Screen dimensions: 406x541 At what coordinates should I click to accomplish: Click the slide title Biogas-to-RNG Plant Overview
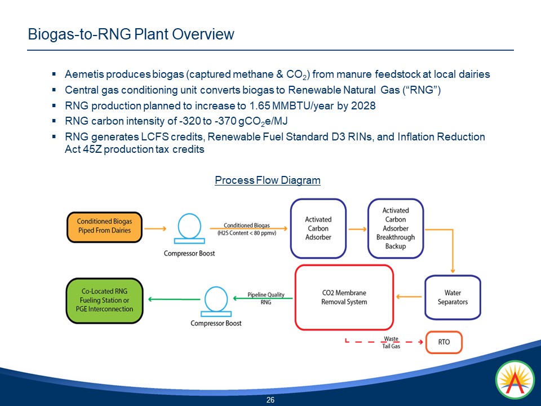[x=131, y=34]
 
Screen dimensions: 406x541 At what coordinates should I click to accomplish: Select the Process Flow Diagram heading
[x=267, y=180]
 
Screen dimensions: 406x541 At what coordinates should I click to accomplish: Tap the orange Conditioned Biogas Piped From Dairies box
[x=104, y=226]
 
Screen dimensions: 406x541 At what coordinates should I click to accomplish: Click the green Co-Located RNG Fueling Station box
[x=104, y=300]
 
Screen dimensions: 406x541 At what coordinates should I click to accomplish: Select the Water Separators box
[x=453, y=297]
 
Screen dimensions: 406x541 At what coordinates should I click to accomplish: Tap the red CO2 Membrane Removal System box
[x=344, y=297]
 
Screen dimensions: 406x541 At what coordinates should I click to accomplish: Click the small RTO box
[x=444, y=342]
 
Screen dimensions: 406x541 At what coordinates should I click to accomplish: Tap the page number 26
[x=270, y=400]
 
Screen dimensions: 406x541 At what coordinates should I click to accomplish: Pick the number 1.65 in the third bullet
[x=260, y=106]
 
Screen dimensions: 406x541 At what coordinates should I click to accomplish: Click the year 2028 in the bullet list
[x=363, y=106]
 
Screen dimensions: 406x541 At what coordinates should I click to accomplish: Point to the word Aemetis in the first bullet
[x=84, y=74]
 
